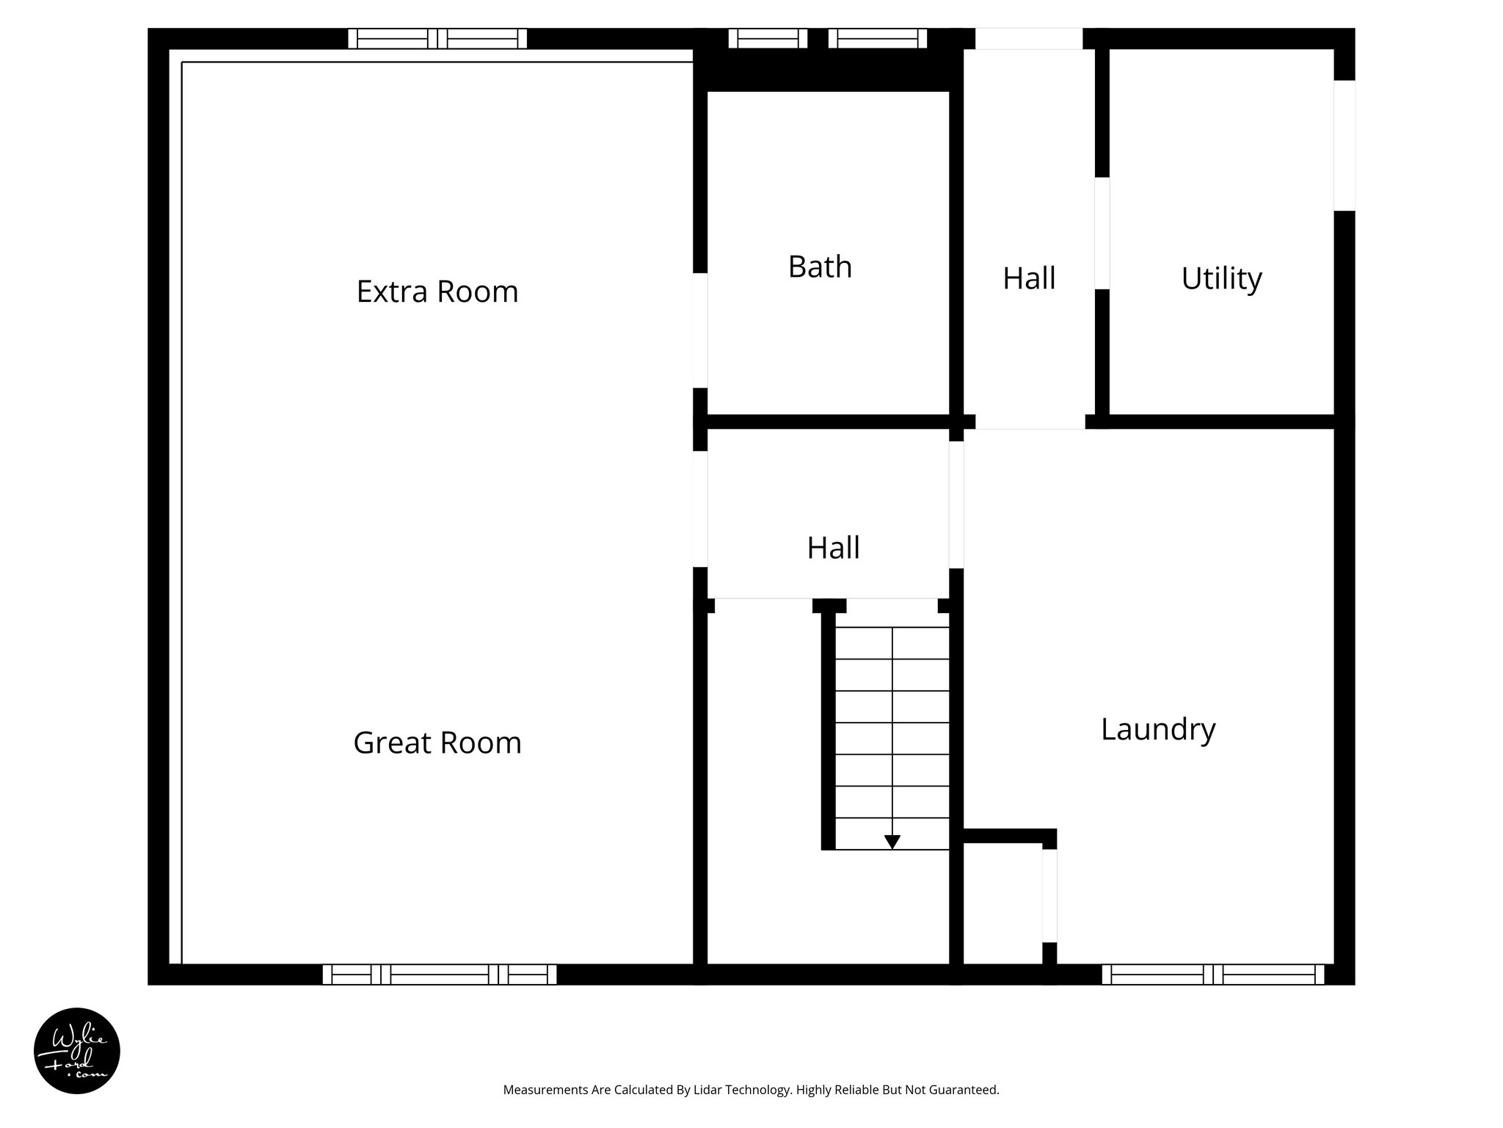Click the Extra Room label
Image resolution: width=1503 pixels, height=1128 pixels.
click(437, 292)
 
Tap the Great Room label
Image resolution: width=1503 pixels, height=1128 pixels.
click(437, 742)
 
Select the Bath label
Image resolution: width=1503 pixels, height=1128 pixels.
click(820, 267)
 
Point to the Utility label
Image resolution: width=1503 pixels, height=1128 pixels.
click(1221, 278)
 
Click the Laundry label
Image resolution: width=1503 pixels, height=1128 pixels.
click(1158, 729)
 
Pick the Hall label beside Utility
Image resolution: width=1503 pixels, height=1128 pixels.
click(1029, 278)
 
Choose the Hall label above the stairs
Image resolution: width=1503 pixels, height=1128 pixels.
click(833, 548)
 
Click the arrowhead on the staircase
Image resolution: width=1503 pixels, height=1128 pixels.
click(892, 842)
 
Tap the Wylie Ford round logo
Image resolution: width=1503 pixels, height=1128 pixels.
click(77, 1051)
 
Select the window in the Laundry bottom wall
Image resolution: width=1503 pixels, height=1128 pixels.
click(1212, 975)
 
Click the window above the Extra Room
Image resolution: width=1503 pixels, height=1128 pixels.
click(437, 38)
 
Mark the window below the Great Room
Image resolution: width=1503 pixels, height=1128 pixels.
click(440, 975)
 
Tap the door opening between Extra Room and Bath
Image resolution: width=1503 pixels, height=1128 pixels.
click(700, 330)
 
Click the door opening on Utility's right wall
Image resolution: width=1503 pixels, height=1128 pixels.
click(1344, 145)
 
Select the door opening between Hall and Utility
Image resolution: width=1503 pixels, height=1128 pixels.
click(1102, 233)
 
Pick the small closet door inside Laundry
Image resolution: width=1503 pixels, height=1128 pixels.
click(1049, 895)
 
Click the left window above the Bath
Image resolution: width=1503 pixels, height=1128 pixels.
click(768, 38)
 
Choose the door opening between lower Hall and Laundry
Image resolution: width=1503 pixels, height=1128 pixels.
click(956, 505)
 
